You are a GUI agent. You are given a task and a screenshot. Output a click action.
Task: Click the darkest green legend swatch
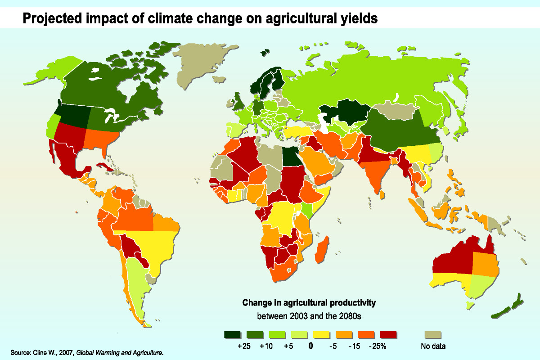pyautogui.click(x=232, y=335)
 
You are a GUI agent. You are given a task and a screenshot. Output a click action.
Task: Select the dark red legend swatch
pyautogui.click(x=388, y=335)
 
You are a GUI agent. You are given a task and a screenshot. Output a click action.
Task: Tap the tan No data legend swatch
pyautogui.click(x=433, y=335)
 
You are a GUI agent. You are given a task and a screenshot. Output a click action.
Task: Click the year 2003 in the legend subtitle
pyautogui.click(x=300, y=315)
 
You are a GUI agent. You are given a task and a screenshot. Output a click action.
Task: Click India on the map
pyautogui.click(x=376, y=173)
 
